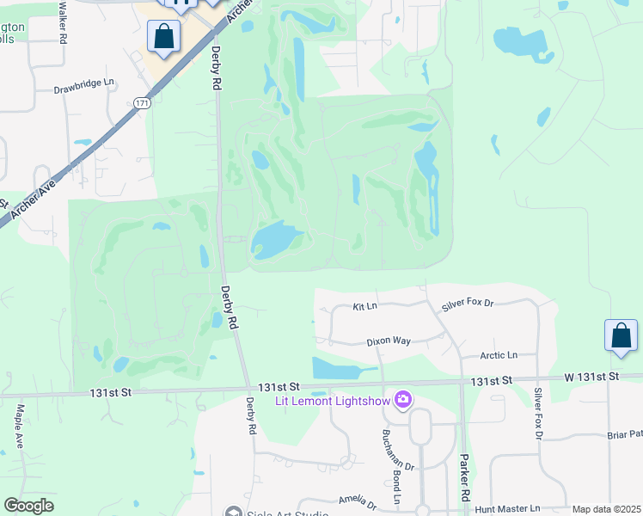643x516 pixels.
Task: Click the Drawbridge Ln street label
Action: (x=83, y=87)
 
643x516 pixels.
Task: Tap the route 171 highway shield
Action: (x=141, y=103)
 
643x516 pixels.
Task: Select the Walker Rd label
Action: (x=63, y=21)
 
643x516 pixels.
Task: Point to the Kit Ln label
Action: (x=365, y=306)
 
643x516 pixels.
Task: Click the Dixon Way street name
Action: (x=389, y=341)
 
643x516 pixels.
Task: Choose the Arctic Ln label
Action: (x=499, y=354)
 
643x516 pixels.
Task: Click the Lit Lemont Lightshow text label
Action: (x=332, y=401)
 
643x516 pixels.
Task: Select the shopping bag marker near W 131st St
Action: (x=621, y=336)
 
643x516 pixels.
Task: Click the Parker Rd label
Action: (x=464, y=478)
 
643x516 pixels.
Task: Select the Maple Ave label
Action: (x=18, y=427)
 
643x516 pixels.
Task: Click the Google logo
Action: (x=28, y=506)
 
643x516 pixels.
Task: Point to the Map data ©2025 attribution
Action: (x=606, y=509)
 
